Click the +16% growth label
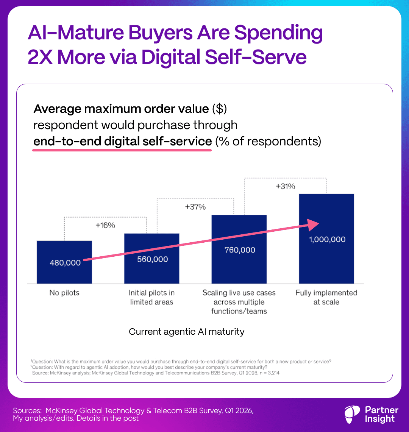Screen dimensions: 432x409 click(105, 225)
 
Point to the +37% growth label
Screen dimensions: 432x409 click(195, 207)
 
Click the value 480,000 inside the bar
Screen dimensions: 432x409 click(65, 263)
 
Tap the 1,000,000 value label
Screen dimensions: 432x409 click(326, 239)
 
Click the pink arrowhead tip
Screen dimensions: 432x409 click(319, 223)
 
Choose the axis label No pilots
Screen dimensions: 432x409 click(64, 293)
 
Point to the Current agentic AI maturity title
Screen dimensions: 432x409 click(187, 332)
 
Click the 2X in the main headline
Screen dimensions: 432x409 click(41, 57)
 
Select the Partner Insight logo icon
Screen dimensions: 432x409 click(352, 414)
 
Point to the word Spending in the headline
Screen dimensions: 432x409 click(278, 33)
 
